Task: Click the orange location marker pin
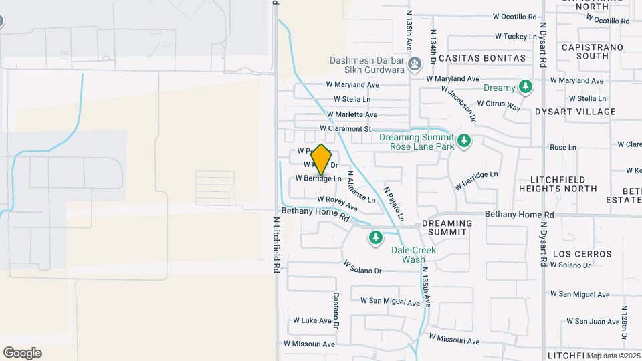(321, 159)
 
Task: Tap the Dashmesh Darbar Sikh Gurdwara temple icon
(415, 65)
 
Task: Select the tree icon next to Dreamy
(526, 88)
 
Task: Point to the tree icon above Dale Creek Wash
(376, 237)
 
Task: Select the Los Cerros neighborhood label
(582, 254)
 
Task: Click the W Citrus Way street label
(504, 106)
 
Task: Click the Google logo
(22, 353)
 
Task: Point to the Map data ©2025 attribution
(613, 356)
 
